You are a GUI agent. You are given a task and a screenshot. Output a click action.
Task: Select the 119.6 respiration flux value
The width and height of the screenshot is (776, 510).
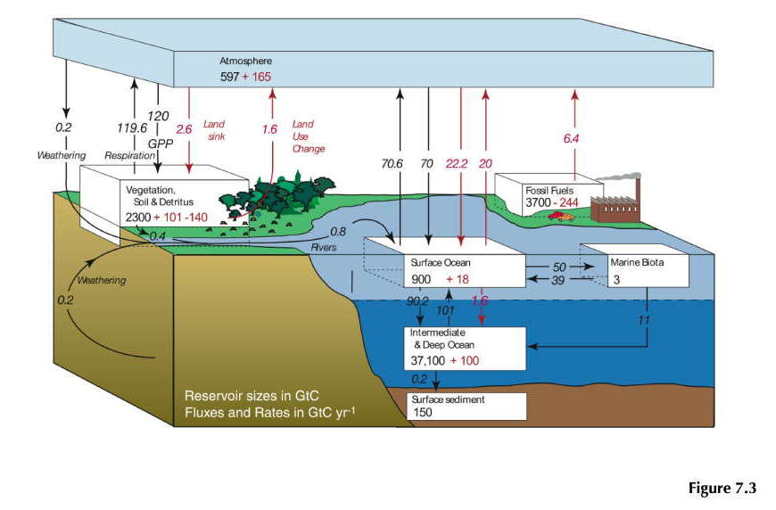point(131,127)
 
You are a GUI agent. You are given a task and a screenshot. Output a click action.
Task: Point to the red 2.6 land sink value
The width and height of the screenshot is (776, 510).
point(184,129)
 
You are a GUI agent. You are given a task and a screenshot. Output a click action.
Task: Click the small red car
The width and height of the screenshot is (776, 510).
point(560,215)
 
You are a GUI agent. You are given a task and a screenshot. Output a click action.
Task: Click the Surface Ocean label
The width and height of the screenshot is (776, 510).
point(440,264)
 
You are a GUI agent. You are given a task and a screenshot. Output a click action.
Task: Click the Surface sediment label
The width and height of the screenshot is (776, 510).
point(448,399)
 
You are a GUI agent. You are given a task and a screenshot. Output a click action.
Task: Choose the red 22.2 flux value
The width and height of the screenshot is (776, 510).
point(457,164)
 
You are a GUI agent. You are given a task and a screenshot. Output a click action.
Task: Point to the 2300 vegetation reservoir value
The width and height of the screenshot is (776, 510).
point(143,218)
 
